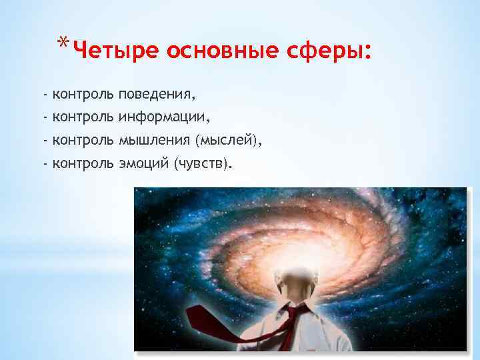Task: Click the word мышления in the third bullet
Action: (x=154, y=141)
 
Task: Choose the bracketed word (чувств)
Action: (x=203, y=163)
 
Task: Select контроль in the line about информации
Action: (x=83, y=118)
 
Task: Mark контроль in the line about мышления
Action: (x=83, y=141)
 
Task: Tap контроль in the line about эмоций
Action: (x=83, y=163)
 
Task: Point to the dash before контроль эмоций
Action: (x=44, y=163)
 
